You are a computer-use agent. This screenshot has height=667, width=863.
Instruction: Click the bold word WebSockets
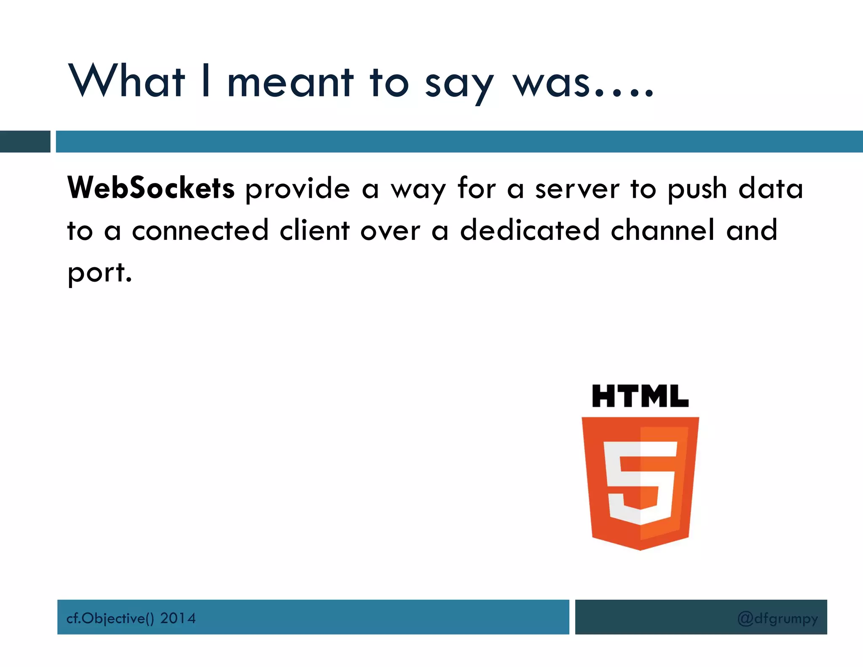pos(151,188)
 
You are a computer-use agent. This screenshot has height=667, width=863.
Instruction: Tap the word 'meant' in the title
pos(290,82)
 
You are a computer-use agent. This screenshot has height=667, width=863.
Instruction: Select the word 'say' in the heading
pos(459,84)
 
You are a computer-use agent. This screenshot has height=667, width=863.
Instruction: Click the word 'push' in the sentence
pos(697,190)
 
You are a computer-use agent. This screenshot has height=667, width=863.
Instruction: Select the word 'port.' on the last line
pos(100,273)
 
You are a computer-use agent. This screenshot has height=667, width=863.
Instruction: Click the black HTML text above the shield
pos(640,396)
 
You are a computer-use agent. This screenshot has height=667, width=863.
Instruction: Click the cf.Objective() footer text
pos(110,618)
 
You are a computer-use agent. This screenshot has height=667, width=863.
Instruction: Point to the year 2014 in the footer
pos(178,618)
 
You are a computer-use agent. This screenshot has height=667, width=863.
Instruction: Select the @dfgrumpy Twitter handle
pos(777,619)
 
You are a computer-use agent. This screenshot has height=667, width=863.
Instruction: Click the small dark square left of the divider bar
pos(25,142)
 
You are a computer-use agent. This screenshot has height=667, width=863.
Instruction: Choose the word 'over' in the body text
pos(390,231)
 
